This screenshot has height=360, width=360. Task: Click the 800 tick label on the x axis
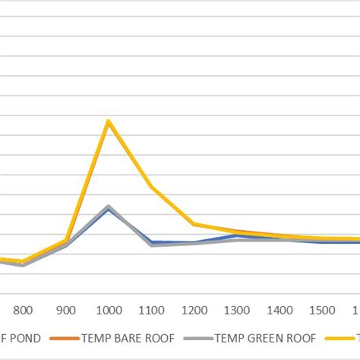click(24, 310)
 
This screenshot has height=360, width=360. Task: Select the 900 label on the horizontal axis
click(66, 310)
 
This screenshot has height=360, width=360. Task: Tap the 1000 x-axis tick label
click(109, 310)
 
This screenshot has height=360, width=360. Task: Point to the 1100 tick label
click(152, 310)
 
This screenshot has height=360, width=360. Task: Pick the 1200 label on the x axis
click(194, 310)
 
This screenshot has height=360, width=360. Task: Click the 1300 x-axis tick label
click(238, 310)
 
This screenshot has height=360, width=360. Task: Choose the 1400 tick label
click(280, 310)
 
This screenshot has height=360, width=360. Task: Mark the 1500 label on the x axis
click(324, 310)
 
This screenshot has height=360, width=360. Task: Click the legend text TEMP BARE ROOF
click(128, 338)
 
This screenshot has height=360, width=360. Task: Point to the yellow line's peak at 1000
click(109, 121)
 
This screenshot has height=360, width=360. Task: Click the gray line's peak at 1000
click(109, 206)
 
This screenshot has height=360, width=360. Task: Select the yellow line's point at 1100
click(152, 187)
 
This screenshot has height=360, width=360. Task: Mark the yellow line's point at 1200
click(194, 224)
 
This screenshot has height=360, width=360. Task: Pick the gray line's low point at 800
click(24, 265)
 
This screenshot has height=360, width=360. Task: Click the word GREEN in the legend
click(262, 338)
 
